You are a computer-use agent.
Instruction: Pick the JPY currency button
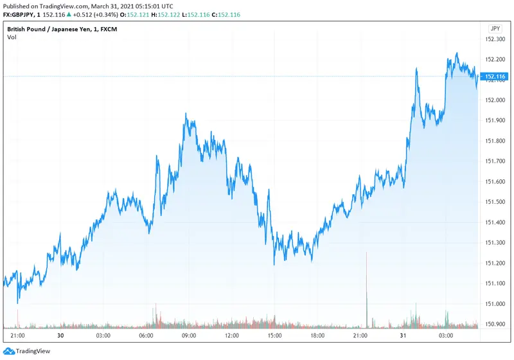coord(495,29)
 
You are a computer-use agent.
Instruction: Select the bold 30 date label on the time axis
coord(60,336)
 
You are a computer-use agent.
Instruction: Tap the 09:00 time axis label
coord(189,336)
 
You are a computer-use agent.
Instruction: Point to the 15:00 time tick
coord(275,336)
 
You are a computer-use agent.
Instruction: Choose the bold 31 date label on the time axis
coord(403,336)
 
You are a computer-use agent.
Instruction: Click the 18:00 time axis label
coord(317,336)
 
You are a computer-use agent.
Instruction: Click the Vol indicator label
coord(12,37)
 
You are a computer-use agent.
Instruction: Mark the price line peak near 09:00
coord(186,114)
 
